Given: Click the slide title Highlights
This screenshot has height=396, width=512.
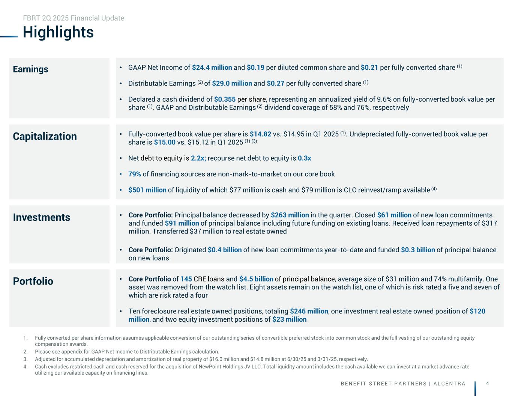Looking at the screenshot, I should point(58,32).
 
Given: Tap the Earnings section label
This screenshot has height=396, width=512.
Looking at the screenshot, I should point(30,69).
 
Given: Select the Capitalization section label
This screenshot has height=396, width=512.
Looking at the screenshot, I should point(45,136).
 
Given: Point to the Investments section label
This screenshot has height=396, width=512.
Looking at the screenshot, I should point(41,217).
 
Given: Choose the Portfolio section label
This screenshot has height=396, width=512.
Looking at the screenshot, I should point(33,281).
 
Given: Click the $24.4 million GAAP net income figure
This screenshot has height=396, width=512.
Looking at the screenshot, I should point(212,68).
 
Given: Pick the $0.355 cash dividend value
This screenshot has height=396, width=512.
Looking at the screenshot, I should point(225,99).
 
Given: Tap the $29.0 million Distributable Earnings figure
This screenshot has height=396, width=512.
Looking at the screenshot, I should point(231,83).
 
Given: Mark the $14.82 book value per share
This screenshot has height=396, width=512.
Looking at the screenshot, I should point(260,134).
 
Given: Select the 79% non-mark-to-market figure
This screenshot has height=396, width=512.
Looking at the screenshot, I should point(135,174).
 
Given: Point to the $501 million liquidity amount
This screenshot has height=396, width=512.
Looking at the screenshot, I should point(147,190).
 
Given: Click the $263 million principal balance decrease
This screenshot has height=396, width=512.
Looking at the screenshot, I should point(290,215).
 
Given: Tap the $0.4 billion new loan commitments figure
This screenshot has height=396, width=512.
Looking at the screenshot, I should point(224,250).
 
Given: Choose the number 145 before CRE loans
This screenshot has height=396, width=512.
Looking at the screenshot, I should point(186,279).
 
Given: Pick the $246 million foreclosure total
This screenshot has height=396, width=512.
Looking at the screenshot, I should point(309,311).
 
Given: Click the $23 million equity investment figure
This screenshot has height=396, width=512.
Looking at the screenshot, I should point(289,319).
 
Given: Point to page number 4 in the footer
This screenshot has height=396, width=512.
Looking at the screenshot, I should point(487,383).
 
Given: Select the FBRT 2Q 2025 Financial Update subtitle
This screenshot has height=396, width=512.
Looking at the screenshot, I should point(74,18).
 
